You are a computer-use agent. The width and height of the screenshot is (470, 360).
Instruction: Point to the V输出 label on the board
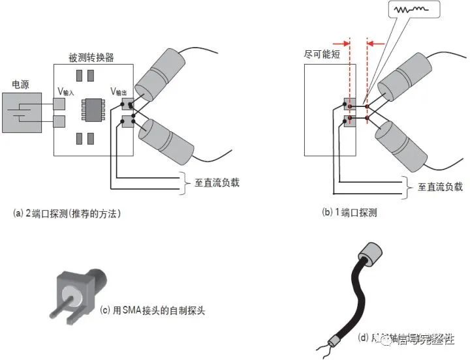pyautogui.click(x=119, y=91)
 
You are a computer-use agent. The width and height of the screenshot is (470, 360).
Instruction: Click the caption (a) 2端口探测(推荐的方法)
pyautogui.click(x=67, y=213)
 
